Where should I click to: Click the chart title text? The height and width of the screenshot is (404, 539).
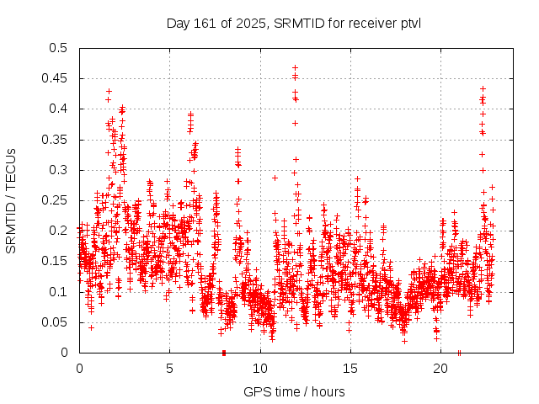click(293, 23)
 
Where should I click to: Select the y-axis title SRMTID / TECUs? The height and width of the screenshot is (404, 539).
click(12, 200)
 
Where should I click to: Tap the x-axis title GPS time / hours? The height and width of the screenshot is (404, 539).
click(293, 391)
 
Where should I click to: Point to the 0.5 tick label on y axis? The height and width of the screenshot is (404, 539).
click(58, 48)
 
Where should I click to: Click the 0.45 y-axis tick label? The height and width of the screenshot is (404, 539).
click(56, 78)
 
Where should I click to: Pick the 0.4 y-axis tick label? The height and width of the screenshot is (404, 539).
click(58, 109)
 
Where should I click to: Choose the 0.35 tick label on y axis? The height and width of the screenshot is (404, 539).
click(56, 140)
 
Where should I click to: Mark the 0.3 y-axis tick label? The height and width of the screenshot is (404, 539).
click(58, 170)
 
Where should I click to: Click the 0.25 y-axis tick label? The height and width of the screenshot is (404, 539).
click(56, 200)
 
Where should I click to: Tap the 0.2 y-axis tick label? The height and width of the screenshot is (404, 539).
click(58, 231)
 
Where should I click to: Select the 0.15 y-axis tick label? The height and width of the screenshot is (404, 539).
click(56, 261)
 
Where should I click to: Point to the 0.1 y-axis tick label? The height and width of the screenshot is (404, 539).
click(58, 292)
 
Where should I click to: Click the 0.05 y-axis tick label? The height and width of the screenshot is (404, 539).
click(56, 322)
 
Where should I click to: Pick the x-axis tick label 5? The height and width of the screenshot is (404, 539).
click(169, 369)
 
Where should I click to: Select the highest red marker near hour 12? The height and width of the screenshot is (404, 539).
click(295, 67)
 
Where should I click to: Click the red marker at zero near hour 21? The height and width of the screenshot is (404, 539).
click(459, 353)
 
